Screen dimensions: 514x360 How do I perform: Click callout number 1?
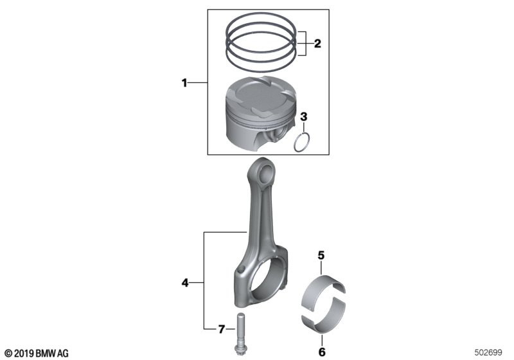point(184,83)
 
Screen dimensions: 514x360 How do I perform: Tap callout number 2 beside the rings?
point(317,43)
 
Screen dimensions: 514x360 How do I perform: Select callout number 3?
point(304,116)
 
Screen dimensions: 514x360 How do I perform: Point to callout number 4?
point(185,282)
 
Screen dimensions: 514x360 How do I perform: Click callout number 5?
point(321,255)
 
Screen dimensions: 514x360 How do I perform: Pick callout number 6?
point(322,352)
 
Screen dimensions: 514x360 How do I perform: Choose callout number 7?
point(222,329)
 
